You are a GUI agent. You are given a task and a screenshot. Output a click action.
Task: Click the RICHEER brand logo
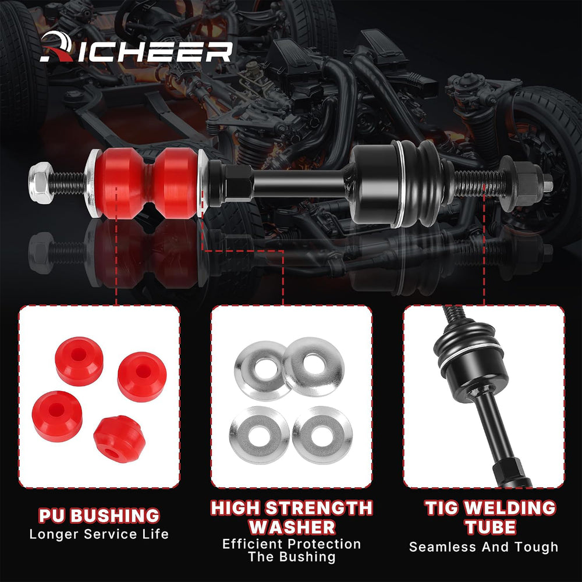click(136, 48)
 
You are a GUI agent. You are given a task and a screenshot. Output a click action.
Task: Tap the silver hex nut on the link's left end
click(41, 182)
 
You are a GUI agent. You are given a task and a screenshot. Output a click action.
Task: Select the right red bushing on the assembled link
click(176, 183)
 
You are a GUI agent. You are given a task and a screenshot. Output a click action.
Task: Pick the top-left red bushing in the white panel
click(79, 361)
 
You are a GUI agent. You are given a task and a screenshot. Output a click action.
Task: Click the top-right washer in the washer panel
click(313, 366)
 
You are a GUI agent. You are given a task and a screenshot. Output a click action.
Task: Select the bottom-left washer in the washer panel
click(260, 435)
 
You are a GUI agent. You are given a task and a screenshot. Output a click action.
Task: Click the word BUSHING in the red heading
click(115, 516)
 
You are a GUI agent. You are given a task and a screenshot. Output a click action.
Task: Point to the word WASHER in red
click(292, 527)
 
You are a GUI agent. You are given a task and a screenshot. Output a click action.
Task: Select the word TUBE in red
click(491, 527)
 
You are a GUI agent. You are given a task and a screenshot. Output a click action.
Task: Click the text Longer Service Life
click(99, 534)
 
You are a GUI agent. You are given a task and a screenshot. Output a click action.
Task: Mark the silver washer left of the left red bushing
click(92, 183)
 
